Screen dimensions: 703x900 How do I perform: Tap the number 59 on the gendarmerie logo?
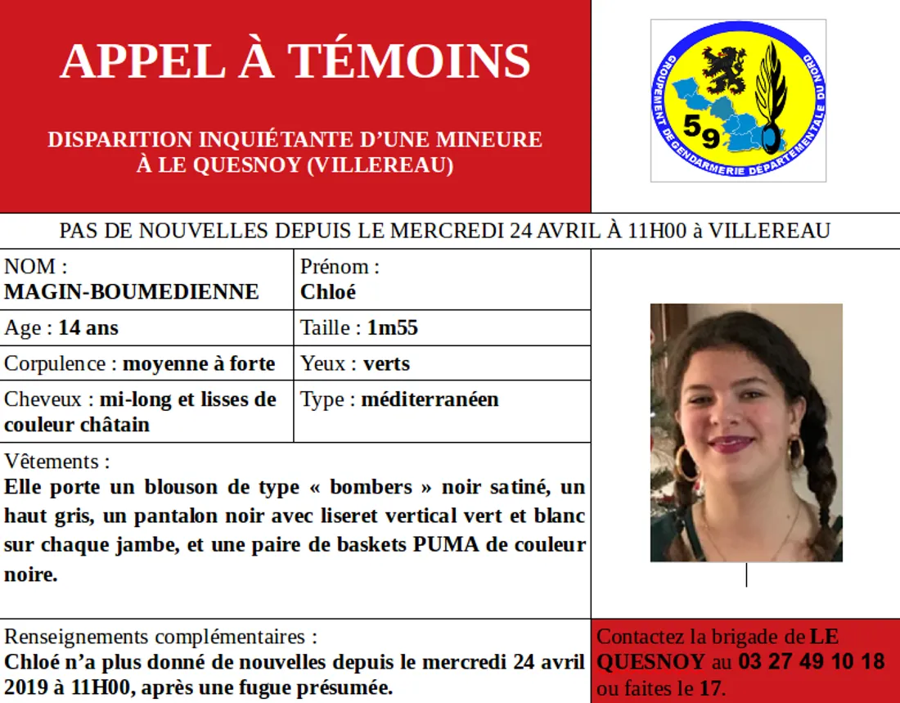tap(701, 131)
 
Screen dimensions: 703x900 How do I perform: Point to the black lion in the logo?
tap(722, 70)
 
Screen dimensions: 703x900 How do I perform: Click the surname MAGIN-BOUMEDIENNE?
tap(132, 292)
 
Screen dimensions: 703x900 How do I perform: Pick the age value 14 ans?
tap(88, 328)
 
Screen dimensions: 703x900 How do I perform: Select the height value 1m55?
tap(393, 328)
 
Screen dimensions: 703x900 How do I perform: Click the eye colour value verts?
tap(387, 363)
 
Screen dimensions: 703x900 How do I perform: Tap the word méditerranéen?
tap(430, 399)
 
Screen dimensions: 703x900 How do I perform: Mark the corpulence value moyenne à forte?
tap(199, 363)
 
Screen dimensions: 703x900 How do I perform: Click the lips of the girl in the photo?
tap(731, 444)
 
